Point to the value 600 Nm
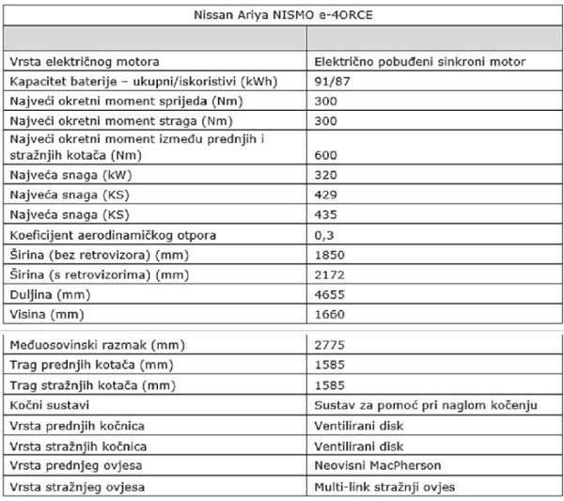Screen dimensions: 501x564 pyautogui.click(x=326, y=154)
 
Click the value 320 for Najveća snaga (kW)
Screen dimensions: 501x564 pyautogui.click(x=326, y=176)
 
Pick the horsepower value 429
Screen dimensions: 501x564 pyautogui.click(x=326, y=196)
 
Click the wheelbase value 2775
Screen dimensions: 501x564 pyautogui.click(x=329, y=345)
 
